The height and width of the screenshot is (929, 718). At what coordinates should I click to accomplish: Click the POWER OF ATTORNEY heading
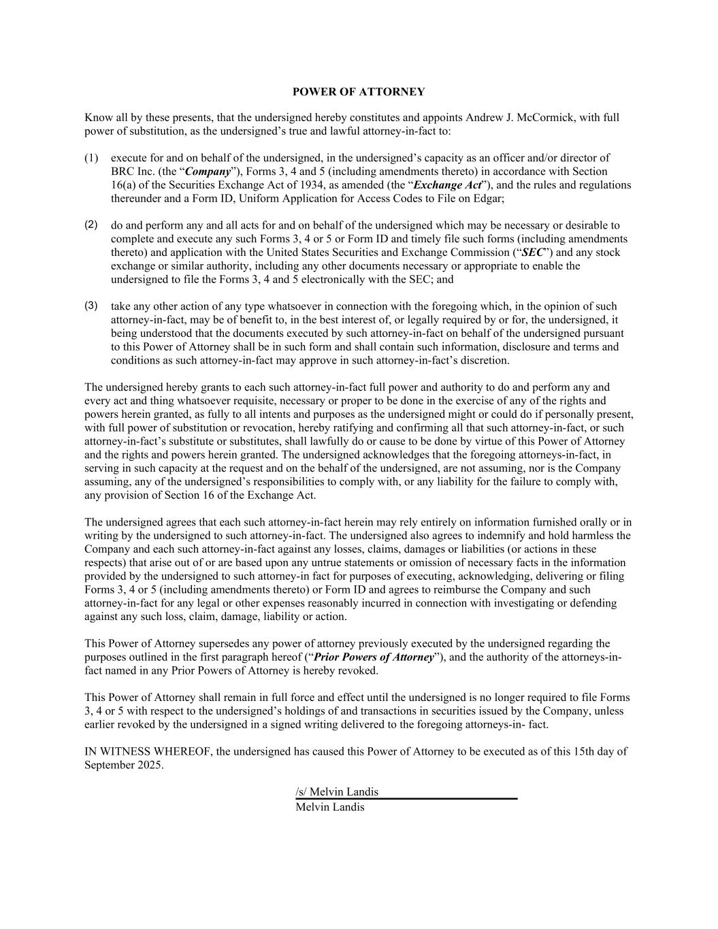pos(359,92)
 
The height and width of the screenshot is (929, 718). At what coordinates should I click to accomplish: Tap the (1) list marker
pos(91,158)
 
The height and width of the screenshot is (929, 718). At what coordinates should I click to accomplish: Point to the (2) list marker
pos(91,225)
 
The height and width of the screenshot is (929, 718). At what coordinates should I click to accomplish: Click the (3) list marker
pos(91,306)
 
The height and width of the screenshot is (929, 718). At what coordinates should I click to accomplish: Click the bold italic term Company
pos(208,172)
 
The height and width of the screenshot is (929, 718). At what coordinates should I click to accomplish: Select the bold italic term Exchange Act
pos(447,185)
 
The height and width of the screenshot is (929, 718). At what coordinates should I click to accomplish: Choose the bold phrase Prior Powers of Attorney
pos(374,657)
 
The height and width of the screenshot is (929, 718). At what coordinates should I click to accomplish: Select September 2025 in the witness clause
pos(123,765)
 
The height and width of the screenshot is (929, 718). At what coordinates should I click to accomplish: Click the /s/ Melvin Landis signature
pos(337,792)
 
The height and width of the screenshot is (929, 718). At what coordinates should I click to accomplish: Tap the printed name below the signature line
pos(330,807)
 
